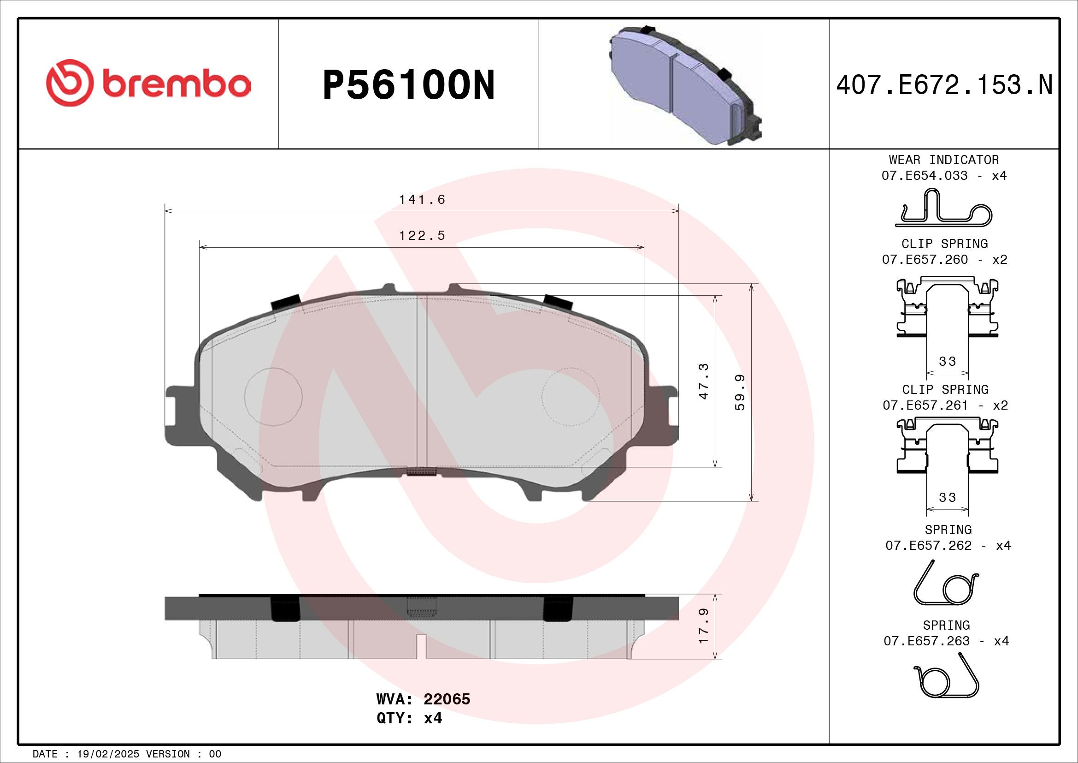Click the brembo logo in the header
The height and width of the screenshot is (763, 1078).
click(x=148, y=83)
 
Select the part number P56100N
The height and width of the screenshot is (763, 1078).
click(x=408, y=85)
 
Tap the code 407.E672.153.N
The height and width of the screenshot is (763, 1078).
click(x=944, y=85)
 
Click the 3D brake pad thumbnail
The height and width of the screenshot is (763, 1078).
click(x=685, y=85)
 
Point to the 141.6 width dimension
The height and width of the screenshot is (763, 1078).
click(x=422, y=200)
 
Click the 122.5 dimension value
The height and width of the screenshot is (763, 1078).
click(x=422, y=235)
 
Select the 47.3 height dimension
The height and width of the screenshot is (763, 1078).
click(x=703, y=381)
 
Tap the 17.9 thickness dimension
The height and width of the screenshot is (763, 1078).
click(x=703, y=626)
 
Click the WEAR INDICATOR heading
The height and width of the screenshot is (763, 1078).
click(x=944, y=160)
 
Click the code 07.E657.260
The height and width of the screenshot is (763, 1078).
click(x=925, y=259)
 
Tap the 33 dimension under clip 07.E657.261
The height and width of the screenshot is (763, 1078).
click(x=947, y=497)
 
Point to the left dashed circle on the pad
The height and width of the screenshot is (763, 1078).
click(x=273, y=397)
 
